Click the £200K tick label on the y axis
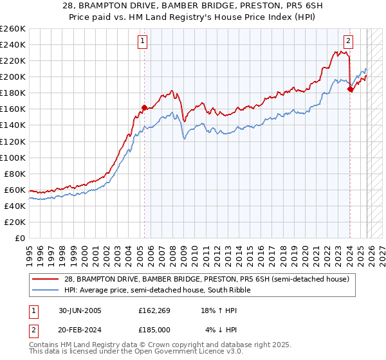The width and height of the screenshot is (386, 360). [13, 76]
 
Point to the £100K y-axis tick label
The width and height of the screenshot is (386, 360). [13, 157]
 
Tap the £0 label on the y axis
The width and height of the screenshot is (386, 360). [19, 238]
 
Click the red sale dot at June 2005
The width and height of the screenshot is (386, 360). [144, 107]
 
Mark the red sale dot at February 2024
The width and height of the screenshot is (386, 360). [350, 89]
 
